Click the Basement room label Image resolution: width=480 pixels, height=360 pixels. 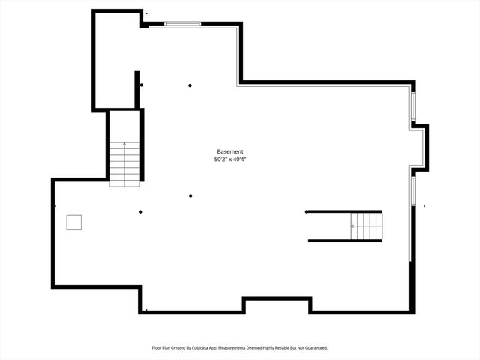[x=230, y=151]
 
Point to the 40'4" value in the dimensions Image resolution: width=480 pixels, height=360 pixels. [x=239, y=160]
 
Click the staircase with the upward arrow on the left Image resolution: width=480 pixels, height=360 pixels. [x=124, y=163]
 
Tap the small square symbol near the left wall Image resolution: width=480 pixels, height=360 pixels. [x=73, y=222]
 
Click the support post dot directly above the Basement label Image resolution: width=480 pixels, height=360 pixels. [x=190, y=85]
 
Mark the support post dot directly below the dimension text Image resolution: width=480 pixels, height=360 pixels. [x=190, y=196]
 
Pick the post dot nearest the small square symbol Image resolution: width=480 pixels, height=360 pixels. [x=140, y=212]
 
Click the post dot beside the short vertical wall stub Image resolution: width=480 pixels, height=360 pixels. [x=142, y=85]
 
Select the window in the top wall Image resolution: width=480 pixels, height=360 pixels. [x=183, y=24]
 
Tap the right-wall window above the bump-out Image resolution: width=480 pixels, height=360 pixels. [x=412, y=107]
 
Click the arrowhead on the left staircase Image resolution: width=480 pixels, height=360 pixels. [x=124, y=143]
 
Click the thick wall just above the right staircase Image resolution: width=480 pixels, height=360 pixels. [x=343, y=211]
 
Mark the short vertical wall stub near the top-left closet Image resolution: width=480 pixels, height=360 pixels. [x=136, y=88]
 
